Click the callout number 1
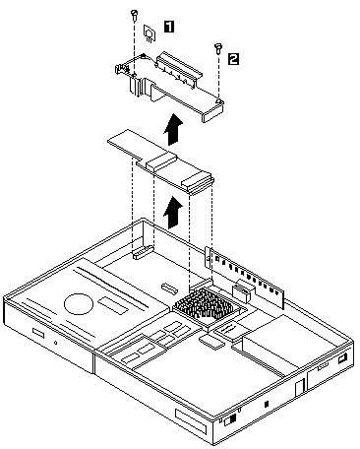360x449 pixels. click(169, 27)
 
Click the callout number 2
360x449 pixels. click(233, 59)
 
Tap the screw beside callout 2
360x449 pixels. click(217, 47)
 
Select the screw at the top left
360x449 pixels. click(134, 14)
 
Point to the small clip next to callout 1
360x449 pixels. click(150, 33)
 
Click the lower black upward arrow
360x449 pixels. click(174, 212)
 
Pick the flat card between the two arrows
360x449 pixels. click(161, 160)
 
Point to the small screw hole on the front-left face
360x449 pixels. click(56, 344)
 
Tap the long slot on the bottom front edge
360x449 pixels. click(191, 419)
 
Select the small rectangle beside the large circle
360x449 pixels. click(114, 305)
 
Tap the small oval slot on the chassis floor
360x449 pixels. click(169, 288)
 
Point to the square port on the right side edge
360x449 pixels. click(342, 358)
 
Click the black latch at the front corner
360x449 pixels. click(232, 418)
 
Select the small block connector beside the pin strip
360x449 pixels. click(243, 290)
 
